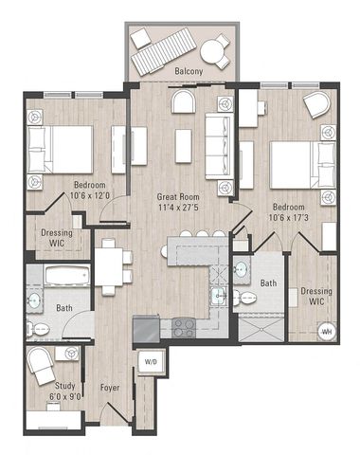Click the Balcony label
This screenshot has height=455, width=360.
tap(189, 71)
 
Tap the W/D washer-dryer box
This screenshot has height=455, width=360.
tap(151, 362)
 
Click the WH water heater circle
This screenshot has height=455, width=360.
tap(327, 332)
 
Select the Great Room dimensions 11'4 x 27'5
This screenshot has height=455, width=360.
tap(178, 208)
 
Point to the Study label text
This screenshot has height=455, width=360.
tap(65, 386)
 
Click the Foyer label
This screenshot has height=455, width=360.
tap(110, 388)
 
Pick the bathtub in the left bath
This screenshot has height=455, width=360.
tap(66, 276)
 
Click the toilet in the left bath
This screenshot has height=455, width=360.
tap(38, 330)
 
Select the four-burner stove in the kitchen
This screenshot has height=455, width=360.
tap(183, 328)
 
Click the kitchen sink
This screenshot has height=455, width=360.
tap(219, 296)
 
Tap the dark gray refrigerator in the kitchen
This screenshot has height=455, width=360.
tap(146, 328)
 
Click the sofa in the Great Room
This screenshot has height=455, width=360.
tap(220, 146)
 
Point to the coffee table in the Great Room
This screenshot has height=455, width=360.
tap(184, 146)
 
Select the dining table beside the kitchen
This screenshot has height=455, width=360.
tap(109, 267)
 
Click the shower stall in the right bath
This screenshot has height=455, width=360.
tap(261, 328)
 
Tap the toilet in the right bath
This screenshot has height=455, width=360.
tap(244, 298)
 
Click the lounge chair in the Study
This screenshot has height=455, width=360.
tap(41, 366)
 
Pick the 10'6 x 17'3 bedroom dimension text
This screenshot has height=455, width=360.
tap(288, 218)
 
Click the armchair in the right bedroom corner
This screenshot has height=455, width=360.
tap(316, 104)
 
